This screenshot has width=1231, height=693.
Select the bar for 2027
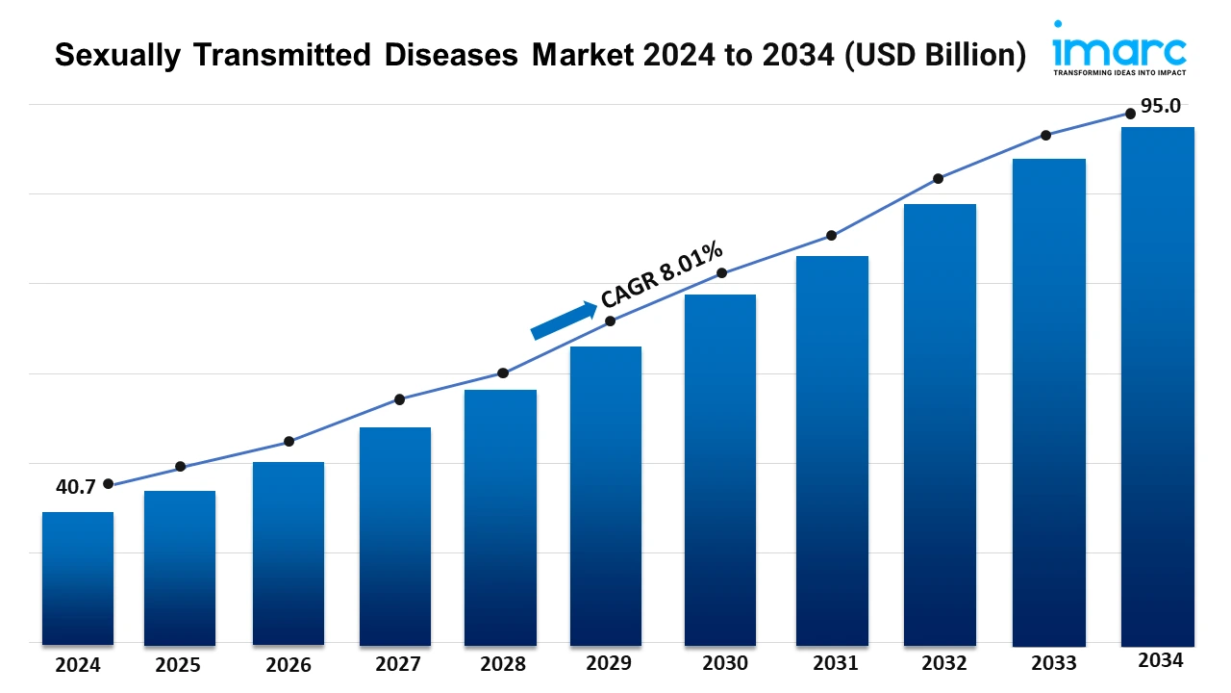coord(395,536)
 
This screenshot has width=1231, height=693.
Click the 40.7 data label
coord(75,487)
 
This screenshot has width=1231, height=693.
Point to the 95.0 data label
coord(1161,106)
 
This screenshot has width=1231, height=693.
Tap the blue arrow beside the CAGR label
coord(564,321)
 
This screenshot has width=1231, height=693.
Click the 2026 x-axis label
coord(289,664)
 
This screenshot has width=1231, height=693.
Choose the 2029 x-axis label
coord(608,663)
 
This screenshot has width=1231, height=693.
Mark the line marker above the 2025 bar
coord(180,467)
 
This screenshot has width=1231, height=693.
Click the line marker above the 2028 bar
coord(502,372)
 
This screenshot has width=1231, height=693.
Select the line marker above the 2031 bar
coord(832,236)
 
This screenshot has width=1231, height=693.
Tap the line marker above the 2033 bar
coord(1045,135)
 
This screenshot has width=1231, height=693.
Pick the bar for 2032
coord(940,423)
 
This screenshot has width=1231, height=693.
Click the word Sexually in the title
coord(114,56)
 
